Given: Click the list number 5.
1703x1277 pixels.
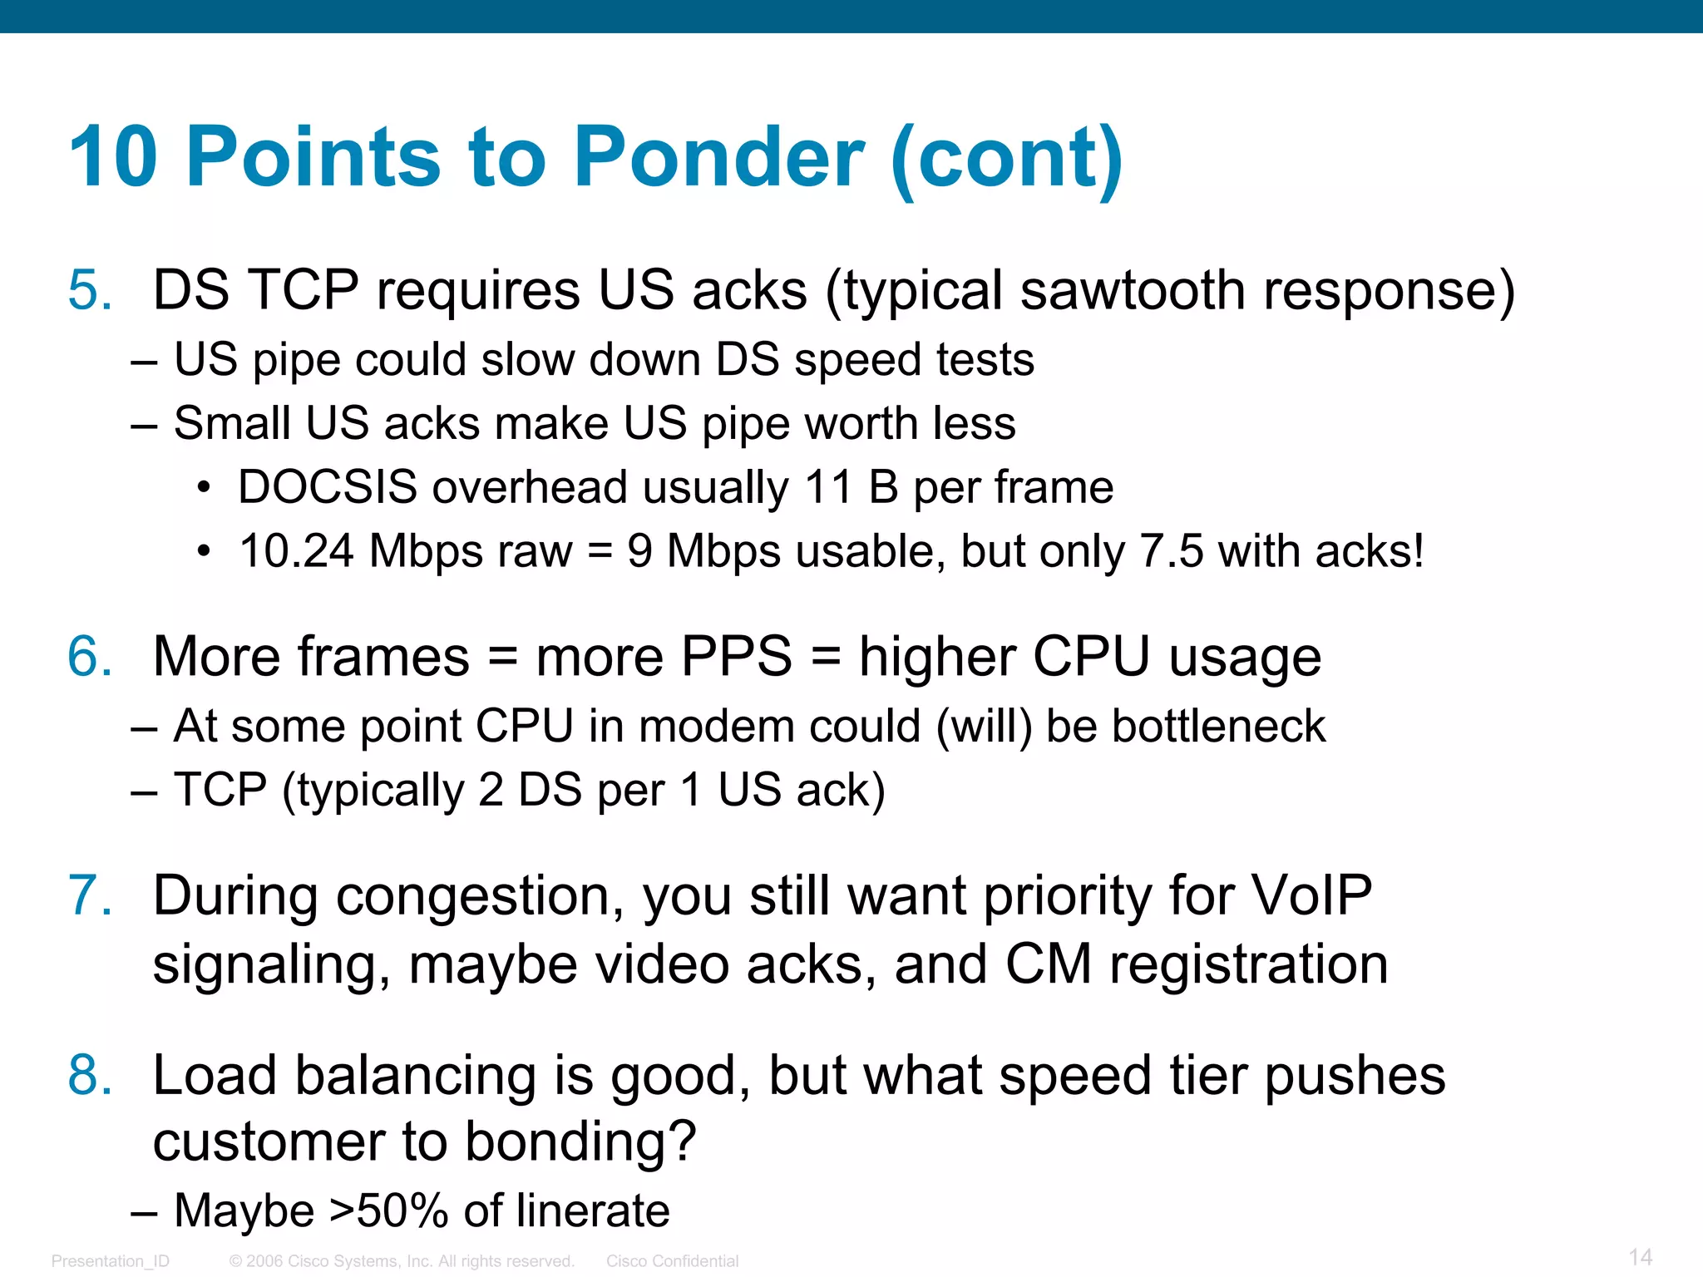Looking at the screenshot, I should click(89, 291).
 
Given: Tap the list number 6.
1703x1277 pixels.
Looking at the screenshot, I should click(89, 657).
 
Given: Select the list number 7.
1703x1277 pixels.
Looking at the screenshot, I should click(89, 896).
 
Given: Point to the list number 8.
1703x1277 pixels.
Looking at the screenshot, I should click(89, 1076).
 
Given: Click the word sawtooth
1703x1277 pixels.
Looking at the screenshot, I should click(1132, 291).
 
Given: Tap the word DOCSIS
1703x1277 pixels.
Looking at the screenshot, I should click(327, 487).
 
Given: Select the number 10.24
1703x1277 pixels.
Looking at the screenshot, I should click(296, 551).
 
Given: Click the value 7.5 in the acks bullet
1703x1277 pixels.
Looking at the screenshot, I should click(1171, 551).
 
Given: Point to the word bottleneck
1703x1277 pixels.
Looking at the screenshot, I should click(1218, 727).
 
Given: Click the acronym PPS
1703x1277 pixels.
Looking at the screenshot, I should click(736, 657).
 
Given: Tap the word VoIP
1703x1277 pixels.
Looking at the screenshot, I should click(1311, 896).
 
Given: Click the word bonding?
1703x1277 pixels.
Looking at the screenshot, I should click(580, 1142).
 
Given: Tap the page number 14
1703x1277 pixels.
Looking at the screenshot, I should click(1640, 1257).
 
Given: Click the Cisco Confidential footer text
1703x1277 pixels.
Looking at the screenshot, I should click(672, 1261).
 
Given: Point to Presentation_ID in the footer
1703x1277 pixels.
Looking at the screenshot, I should click(110, 1261).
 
